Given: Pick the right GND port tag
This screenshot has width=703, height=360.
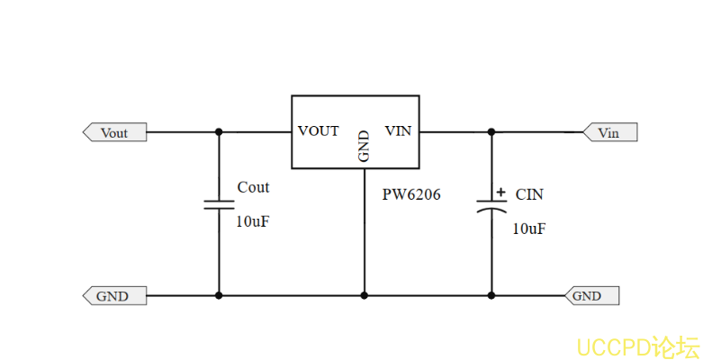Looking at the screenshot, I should tap(589, 295).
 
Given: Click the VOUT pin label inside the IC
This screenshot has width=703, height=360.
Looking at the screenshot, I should tap(319, 131).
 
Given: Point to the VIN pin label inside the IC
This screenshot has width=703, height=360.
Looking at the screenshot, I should tap(398, 131).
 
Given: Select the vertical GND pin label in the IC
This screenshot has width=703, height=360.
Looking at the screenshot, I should tap(364, 147).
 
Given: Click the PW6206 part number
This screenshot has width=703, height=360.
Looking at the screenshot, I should tap(412, 194).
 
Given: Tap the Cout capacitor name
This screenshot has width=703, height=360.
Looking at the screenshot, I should tap(253, 187).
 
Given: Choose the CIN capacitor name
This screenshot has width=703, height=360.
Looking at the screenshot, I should tap(529, 193).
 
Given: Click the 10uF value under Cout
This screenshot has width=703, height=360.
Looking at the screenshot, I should tap(252, 221).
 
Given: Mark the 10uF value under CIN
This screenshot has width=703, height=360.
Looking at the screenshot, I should tap(528, 229).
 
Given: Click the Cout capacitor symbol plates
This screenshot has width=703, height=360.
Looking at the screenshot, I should tap(219, 203).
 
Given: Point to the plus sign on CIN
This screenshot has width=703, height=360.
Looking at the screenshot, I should tap(500, 192).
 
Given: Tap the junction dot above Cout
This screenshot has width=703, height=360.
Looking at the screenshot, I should tap(219, 132).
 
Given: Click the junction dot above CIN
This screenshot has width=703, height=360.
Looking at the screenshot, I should tap(491, 132).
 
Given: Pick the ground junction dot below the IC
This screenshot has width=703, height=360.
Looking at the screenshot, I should tap(365, 295).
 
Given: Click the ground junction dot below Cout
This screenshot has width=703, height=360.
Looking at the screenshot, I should tap(219, 295).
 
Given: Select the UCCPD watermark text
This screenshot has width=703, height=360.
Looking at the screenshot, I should tap(637, 346).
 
